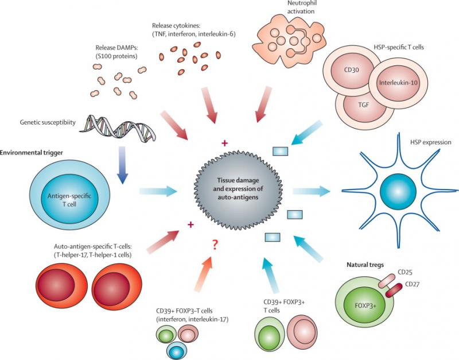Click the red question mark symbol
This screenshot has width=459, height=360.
click(215, 243)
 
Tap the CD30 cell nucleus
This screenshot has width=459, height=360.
click(351, 70)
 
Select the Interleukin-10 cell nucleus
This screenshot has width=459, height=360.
click(398, 82)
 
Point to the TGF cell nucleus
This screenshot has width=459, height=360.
click(364, 104)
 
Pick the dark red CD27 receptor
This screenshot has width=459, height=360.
click(394, 290)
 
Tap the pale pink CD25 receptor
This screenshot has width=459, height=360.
click(387, 281)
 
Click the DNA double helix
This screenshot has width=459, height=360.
click(117, 128)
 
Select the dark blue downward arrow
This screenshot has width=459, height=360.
click(122, 165)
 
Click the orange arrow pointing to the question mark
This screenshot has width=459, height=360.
click(204, 274)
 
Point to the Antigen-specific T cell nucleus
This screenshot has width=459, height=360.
click(69, 200)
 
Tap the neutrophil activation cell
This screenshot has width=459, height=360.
click(289, 40)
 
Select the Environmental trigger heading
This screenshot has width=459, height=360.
click(32, 153)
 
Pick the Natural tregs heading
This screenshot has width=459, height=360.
click(365, 265)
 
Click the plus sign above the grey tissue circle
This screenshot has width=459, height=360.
click(224, 143)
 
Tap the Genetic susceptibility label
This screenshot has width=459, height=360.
click(48, 122)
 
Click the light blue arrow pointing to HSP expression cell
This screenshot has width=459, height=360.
click(311, 191)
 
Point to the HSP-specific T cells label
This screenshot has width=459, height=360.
click(399, 47)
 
